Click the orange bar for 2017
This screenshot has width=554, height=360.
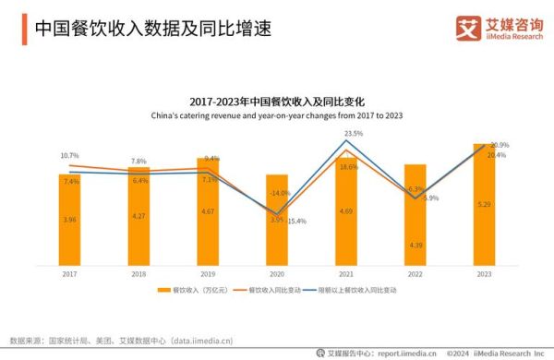tap(69, 218)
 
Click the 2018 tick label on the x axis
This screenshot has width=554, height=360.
tap(138, 274)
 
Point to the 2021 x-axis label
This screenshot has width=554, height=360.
tap(346, 274)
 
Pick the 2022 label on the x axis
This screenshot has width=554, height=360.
tap(415, 274)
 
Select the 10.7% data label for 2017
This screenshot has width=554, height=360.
tap(69, 155)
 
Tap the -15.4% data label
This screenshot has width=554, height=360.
tap(296, 222)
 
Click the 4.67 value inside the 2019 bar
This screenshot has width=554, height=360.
tap(208, 211)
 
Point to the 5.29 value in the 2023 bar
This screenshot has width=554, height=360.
tap(484, 204)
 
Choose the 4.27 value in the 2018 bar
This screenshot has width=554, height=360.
tap(138, 216)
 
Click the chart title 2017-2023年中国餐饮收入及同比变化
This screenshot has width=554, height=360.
tap(276, 102)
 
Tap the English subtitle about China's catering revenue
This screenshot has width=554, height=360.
tap(276, 115)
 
